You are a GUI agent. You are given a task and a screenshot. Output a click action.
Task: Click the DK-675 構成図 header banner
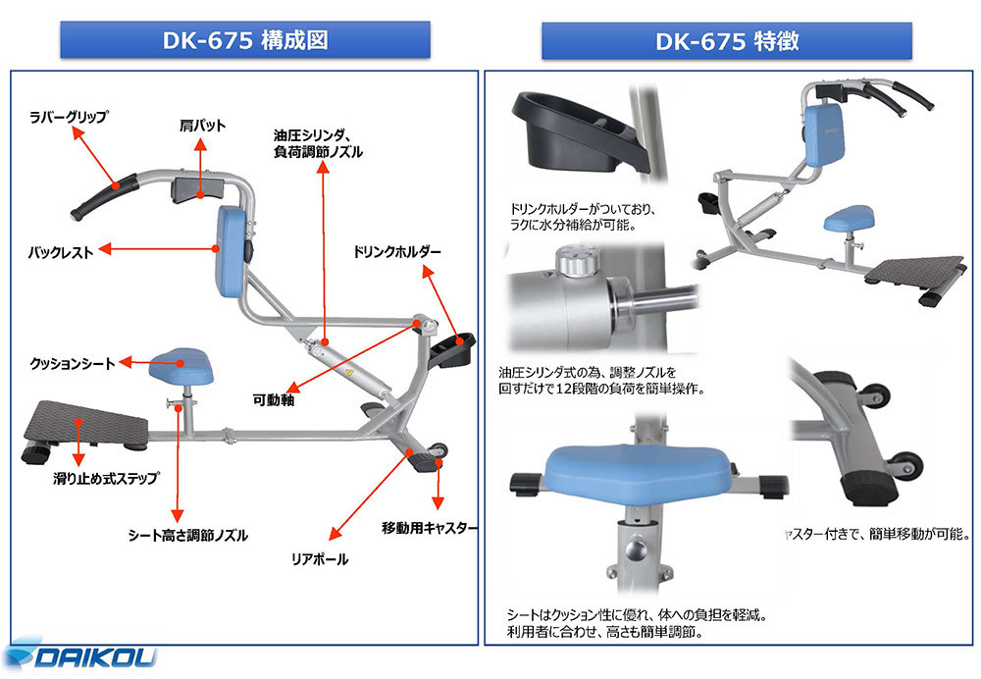tap(245, 41)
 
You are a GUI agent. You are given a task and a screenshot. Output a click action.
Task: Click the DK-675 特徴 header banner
tap(727, 41)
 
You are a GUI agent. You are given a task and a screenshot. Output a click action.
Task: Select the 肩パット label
tap(202, 126)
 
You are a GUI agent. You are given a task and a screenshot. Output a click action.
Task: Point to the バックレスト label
tap(61, 252)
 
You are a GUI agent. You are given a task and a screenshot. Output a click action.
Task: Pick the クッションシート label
tap(72, 363)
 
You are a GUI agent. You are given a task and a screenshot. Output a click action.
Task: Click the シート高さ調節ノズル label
tap(187, 536)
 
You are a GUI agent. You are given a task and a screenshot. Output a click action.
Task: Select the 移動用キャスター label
tap(429, 529)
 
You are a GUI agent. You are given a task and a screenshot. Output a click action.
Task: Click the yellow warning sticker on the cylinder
tap(345, 376)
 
